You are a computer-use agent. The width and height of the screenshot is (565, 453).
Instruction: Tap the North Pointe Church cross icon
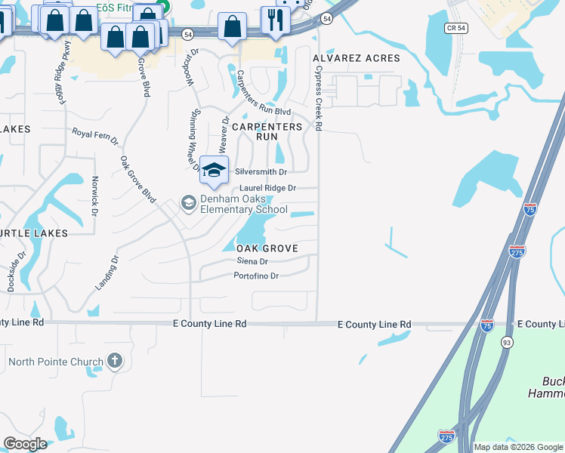coord(115,360)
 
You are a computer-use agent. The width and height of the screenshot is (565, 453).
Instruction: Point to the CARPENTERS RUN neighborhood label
coord(267,132)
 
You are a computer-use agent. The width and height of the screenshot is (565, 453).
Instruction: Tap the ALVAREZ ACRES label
coord(357,58)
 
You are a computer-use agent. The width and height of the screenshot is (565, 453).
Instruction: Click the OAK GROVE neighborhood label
coord(267,248)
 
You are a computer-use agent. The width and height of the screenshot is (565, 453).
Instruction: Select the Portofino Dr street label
coord(256,276)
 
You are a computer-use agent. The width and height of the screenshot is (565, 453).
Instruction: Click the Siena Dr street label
coord(252,261)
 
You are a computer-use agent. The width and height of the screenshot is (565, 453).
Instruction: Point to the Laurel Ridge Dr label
coord(267,188)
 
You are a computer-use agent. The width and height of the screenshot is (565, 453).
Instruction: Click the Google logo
coord(26,444)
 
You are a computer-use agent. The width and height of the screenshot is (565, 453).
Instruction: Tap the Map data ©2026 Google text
coord(519,447)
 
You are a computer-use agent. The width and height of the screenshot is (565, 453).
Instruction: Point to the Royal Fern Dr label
coord(95,136)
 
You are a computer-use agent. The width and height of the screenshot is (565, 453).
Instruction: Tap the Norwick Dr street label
coord(94,196)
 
